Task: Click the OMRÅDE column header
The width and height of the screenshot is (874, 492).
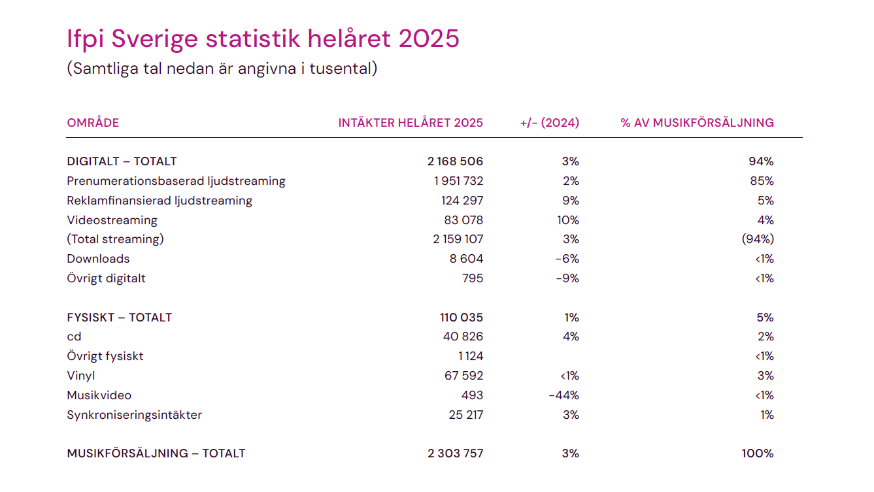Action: [93, 123]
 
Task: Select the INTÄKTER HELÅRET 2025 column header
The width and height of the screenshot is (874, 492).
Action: [411, 123]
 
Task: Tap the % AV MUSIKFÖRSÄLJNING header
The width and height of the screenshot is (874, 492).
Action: [697, 123]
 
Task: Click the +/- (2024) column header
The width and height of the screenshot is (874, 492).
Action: [549, 123]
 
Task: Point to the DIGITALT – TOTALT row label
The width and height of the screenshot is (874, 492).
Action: [122, 161]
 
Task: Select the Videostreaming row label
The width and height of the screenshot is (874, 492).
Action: [112, 220]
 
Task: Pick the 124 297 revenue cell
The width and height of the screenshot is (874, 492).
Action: [462, 201]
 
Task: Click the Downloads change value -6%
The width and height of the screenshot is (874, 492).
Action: [567, 259]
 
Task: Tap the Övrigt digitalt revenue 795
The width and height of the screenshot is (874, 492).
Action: [472, 278]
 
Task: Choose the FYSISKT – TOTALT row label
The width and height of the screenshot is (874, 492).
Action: [119, 318]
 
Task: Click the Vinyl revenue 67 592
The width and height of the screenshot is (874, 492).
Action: [463, 376]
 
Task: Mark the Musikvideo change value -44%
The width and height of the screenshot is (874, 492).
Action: [564, 395]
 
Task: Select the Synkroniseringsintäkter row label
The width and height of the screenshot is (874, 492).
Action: [134, 415]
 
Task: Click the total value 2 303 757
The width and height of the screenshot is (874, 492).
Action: [456, 453]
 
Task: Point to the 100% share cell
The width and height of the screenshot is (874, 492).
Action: [758, 453]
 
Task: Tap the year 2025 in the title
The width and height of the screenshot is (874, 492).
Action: [429, 39]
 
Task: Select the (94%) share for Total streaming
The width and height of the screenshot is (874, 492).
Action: [757, 239]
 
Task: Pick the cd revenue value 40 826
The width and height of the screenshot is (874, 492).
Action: [463, 336]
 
